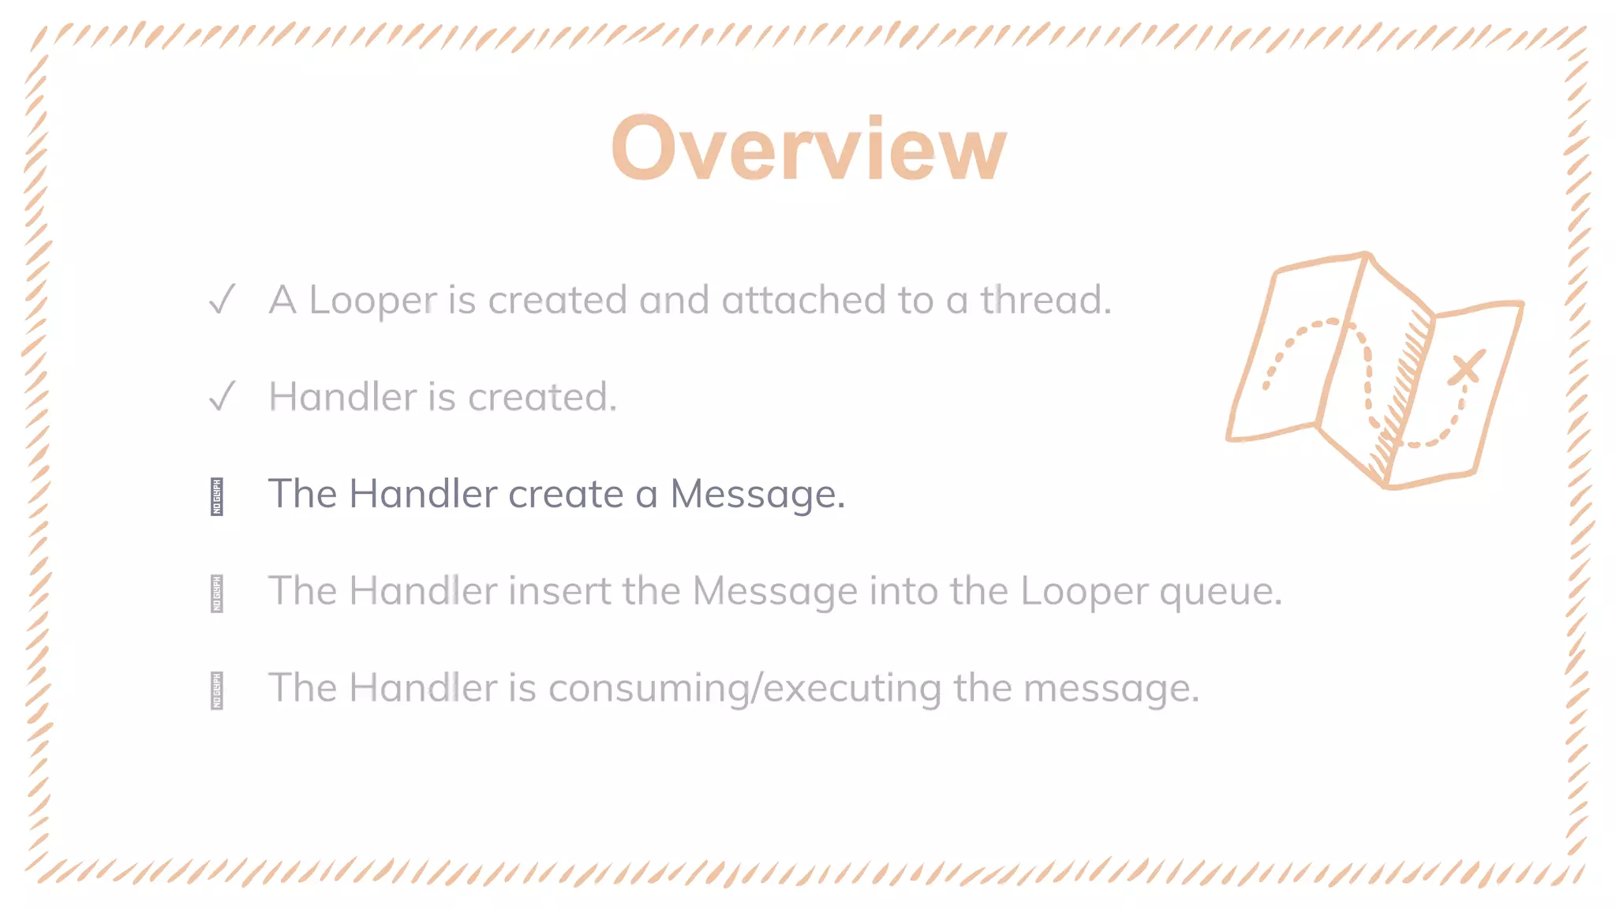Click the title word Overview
point(809,148)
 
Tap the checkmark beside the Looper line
point(222,300)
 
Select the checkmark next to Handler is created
point(222,396)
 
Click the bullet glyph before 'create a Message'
point(217,496)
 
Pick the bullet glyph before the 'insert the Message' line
point(217,593)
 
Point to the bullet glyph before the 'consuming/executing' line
point(217,690)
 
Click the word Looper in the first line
point(372,301)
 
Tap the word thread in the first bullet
point(1046,300)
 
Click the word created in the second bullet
point(542,397)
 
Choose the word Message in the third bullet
point(757,495)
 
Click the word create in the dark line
point(566,494)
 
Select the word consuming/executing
point(745,688)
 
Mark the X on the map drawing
point(1466,368)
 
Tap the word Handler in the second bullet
point(342,397)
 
